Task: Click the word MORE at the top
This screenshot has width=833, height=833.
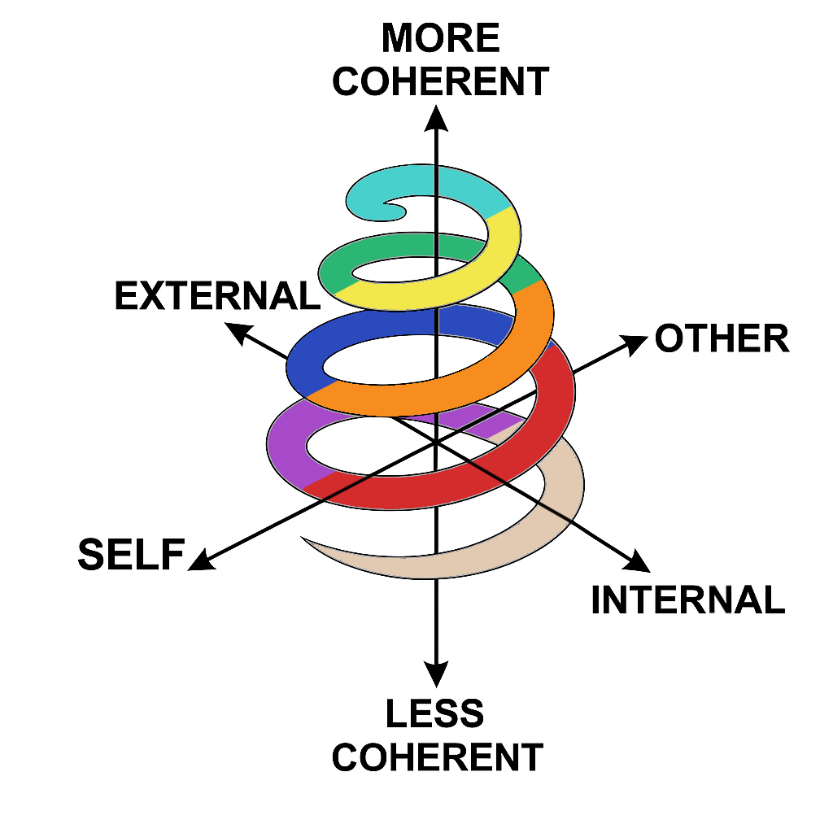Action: [440, 38]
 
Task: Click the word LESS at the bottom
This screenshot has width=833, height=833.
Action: [435, 713]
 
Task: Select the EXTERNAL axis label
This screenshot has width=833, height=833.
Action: [217, 295]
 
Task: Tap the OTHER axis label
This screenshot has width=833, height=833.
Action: [722, 338]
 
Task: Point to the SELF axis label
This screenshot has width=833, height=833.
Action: [130, 555]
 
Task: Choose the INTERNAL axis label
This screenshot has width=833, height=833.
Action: [687, 600]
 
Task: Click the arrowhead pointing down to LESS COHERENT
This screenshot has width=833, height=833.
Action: [437, 674]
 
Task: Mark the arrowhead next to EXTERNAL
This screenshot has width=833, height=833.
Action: [237, 330]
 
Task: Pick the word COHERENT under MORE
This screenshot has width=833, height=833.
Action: [440, 81]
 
